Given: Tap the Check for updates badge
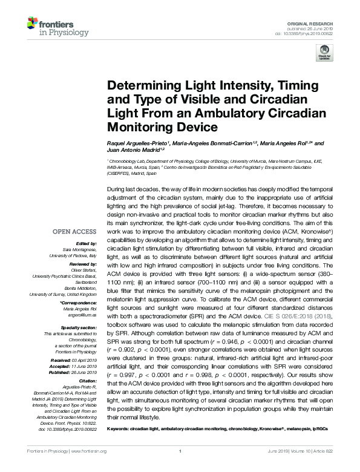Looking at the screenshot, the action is pos(326,54).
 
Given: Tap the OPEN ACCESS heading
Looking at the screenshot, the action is pos(75,231).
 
